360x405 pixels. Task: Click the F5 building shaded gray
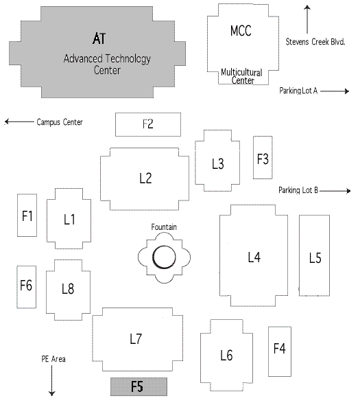[x=139, y=386]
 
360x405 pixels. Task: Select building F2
[x=147, y=124]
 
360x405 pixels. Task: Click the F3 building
[x=263, y=158]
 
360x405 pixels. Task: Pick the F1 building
[x=27, y=216]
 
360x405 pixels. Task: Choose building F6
[x=26, y=286]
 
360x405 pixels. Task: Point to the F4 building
[x=279, y=349]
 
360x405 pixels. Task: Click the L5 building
[x=315, y=257]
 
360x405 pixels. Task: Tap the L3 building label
[x=218, y=163]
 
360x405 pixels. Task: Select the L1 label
[x=69, y=220]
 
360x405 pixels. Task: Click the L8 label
[x=67, y=288]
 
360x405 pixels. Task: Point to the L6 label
[x=226, y=355]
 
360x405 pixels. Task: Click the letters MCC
[x=241, y=32]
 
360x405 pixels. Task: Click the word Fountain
[x=165, y=227]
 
